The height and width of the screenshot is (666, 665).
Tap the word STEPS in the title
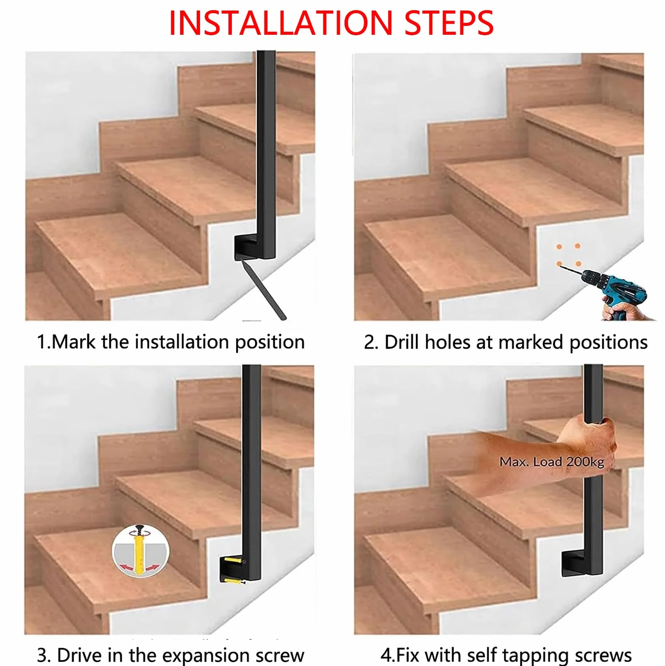click(x=449, y=23)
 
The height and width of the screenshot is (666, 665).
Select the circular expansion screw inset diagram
click(x=140, y=551)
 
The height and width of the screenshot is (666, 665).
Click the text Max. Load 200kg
click(x=552, y=462)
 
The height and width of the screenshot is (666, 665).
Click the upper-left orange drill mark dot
click(x=559, y=246)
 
